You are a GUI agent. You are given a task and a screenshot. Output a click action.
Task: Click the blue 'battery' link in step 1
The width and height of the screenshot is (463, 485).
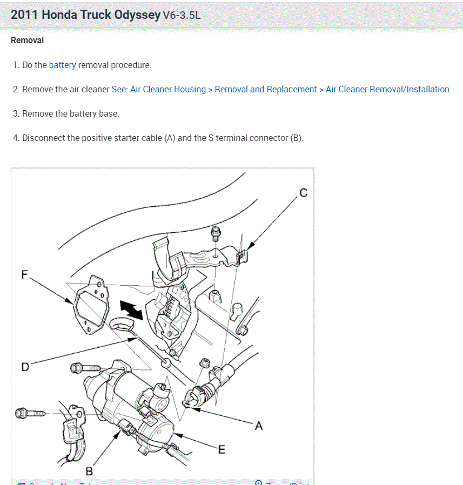(62, 65)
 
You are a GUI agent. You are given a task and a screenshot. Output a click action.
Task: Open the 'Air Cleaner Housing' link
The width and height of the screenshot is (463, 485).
(168, 89)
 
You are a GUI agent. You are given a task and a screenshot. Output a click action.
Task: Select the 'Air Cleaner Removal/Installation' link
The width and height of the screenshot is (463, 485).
(387, 89)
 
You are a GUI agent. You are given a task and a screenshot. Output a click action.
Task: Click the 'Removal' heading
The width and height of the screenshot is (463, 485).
(27, 40)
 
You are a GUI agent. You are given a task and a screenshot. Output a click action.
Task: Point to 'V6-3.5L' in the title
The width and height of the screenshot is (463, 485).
(182, 15)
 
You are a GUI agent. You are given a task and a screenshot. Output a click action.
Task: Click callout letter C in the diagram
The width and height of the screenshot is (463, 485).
(303, 193)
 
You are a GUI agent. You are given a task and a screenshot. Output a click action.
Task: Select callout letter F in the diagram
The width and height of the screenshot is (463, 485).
(24, 274)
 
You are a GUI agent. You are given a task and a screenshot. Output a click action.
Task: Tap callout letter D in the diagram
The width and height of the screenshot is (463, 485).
(25, 367)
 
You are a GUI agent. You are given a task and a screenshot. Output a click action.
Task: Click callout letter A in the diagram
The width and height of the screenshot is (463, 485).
(259, 426)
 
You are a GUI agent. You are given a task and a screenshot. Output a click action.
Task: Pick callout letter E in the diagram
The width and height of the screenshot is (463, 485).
(222, 449)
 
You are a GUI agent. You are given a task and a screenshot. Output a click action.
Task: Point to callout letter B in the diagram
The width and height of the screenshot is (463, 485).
(90, 471)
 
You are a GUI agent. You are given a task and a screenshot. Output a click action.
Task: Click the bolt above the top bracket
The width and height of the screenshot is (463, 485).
(217, 234)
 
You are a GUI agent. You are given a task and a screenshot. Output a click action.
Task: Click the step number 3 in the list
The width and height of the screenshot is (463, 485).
(16, 113)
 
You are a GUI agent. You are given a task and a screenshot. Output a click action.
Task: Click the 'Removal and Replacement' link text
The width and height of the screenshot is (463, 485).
(266, 89)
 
